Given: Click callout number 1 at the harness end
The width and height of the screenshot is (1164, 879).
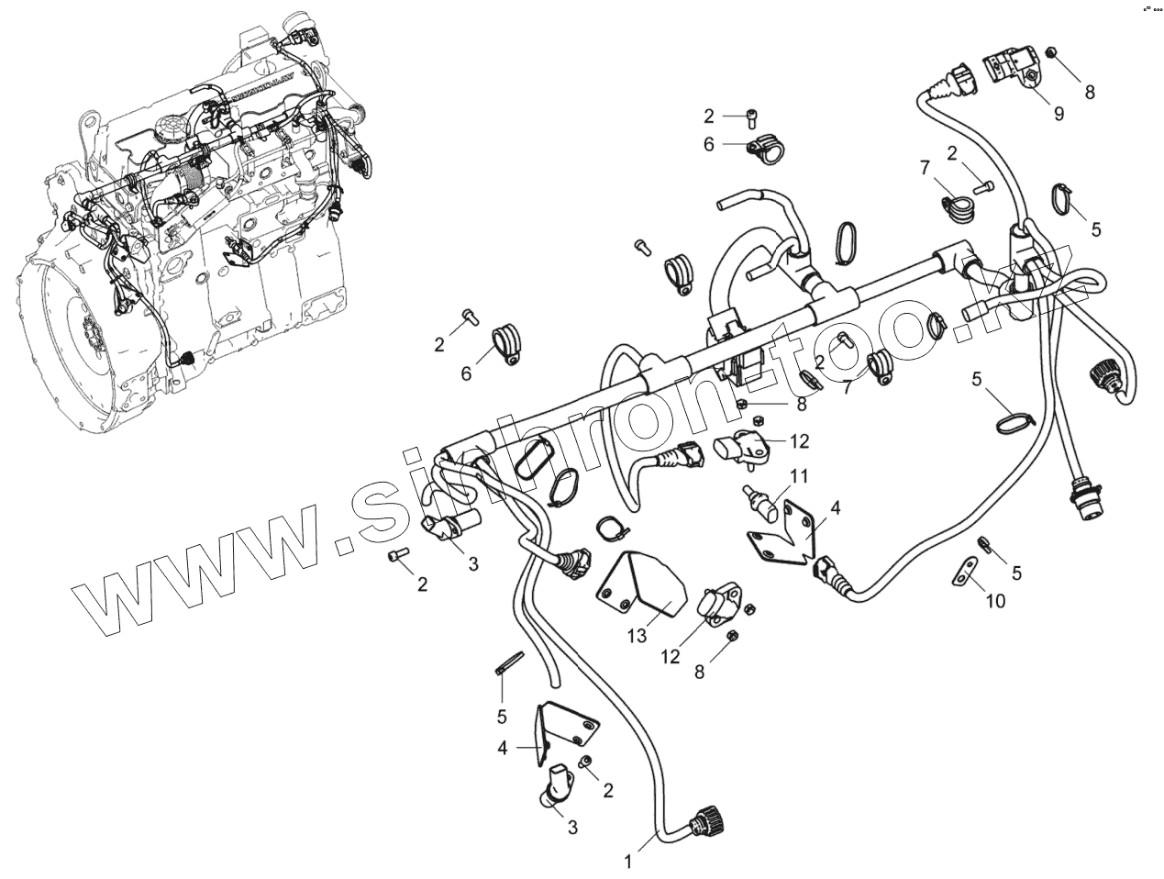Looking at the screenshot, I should pyautogui.click(x=628, y=862).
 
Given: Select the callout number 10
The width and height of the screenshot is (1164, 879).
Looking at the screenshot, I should pyautogui.click(x=995, y=601).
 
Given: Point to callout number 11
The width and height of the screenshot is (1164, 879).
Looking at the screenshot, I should pyautogui.click(x=800, y=476).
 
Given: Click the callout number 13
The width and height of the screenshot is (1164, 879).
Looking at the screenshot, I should pyautogui.click(x=637, y=636).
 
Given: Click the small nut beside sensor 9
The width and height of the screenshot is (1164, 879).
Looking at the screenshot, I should pyautogui.click(x=1050, y=55).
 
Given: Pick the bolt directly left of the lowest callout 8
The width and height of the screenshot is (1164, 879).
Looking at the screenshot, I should pyautogui.click(x=732, y=637).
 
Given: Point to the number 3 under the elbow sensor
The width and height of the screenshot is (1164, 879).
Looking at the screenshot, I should pyautogui.click(x=572, y=828).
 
